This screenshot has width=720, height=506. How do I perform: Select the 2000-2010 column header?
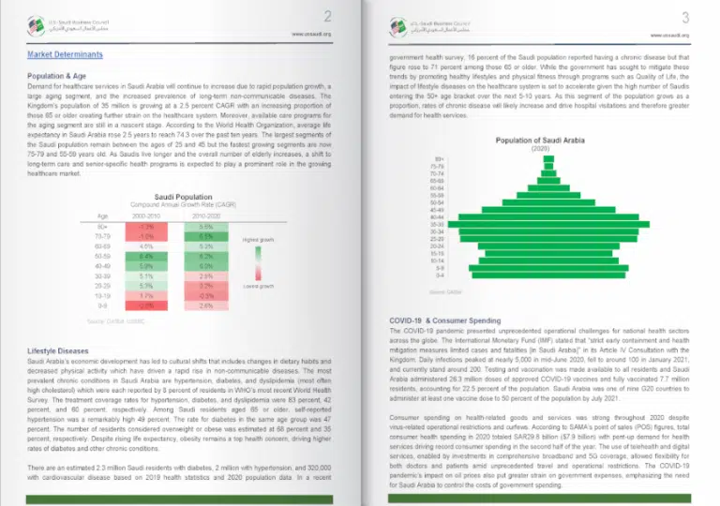point(145,215)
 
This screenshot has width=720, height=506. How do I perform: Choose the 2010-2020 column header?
point(206,215)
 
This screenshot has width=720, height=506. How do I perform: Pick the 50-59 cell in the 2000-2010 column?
point(145,255)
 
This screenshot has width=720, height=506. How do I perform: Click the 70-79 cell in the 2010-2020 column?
point(206,236)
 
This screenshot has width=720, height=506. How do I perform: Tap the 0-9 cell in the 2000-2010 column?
point(145,305)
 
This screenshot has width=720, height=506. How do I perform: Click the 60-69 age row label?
point(102,246)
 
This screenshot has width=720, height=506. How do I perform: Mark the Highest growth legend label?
point(258,240)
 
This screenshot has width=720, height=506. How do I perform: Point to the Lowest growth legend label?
point(258,285)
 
